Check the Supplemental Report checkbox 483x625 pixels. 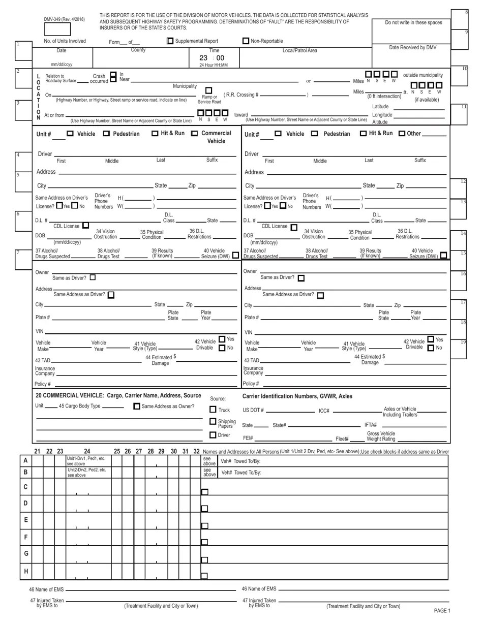170,41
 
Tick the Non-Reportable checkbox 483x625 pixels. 246,41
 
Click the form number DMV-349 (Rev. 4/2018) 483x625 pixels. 64,19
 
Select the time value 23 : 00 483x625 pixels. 212,58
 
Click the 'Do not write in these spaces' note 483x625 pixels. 413,22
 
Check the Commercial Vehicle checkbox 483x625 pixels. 194,134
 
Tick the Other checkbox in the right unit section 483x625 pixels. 402,134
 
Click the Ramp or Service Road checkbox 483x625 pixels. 208,90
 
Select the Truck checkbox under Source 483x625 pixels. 213,409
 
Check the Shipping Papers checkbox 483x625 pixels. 213,421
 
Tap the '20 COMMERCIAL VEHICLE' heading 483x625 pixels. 118,395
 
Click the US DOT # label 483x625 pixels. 253,410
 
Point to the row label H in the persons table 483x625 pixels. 25,571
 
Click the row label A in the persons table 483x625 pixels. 25,460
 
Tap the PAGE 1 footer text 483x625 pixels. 442,611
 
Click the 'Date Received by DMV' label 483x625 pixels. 412,47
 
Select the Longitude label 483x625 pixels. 382,115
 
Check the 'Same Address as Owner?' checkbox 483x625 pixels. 137,407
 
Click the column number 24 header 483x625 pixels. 87,451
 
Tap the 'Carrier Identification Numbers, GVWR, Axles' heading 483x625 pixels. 297,396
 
